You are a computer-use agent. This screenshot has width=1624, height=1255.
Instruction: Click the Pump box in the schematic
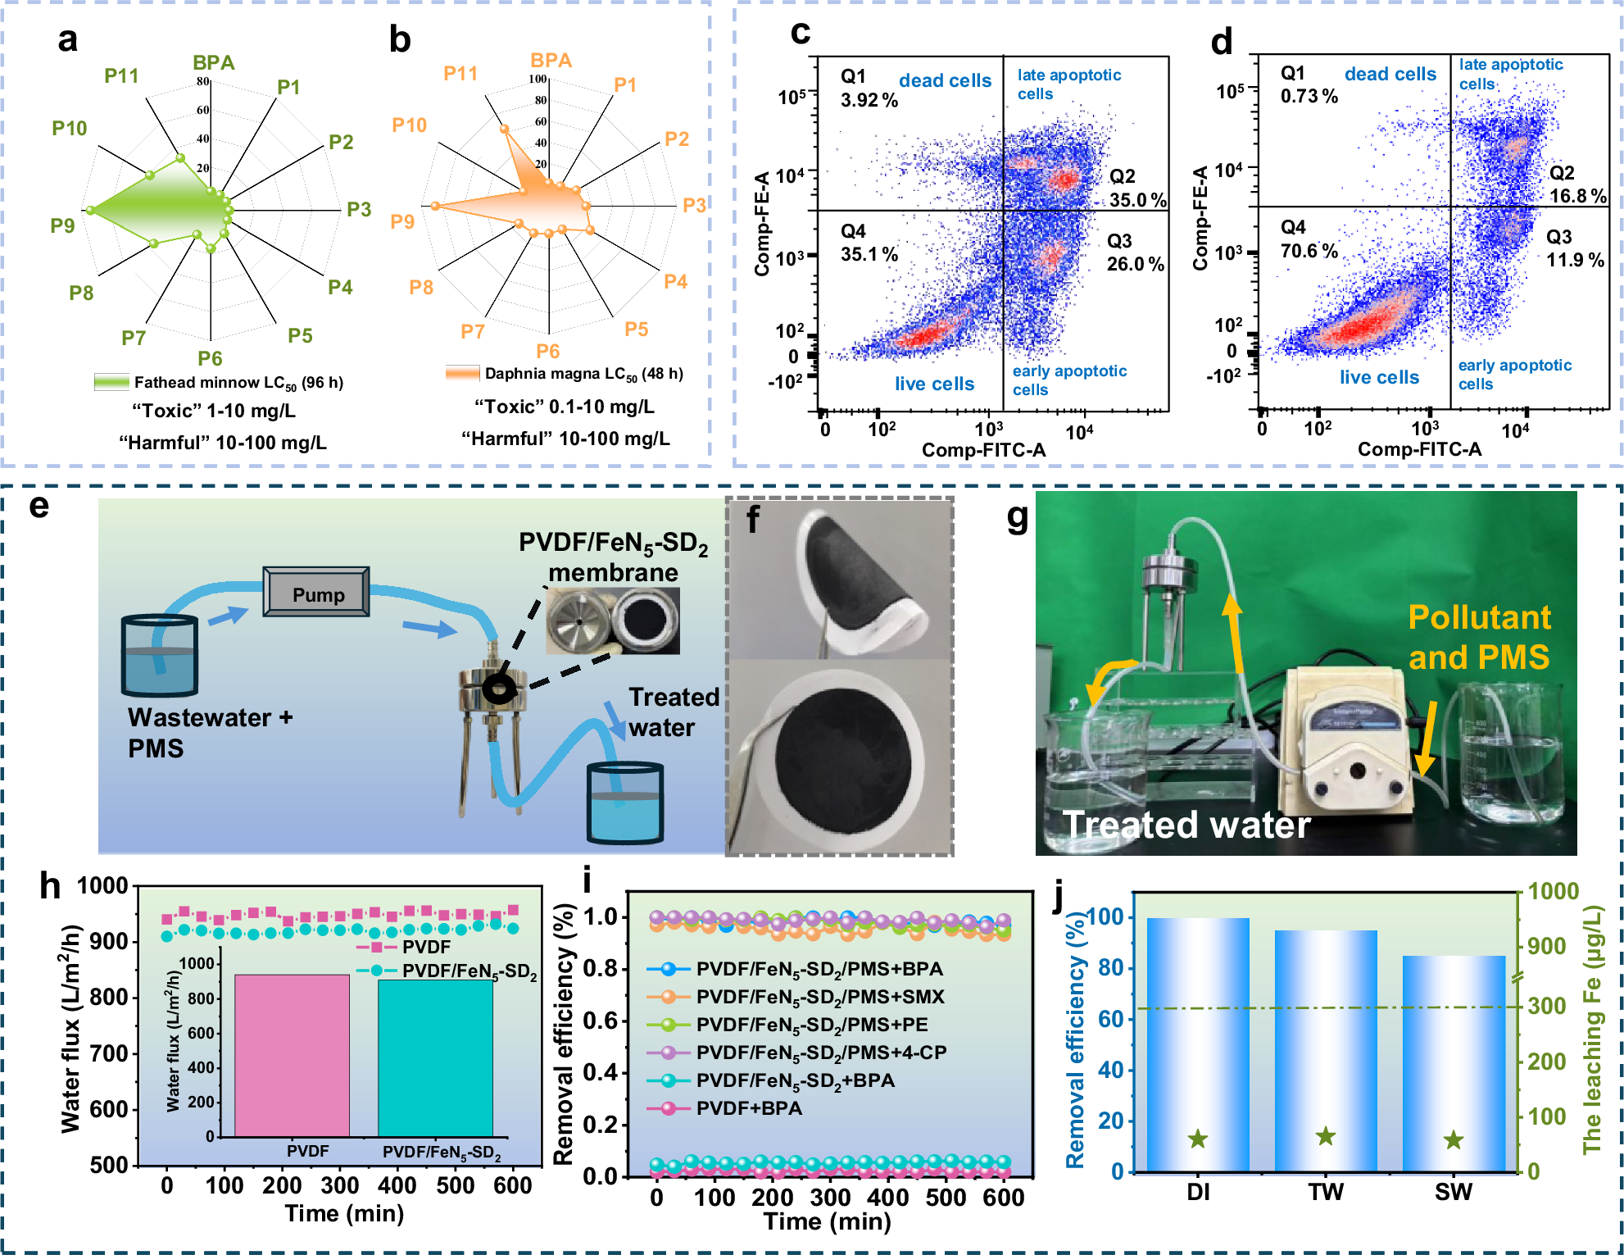click(316, 593)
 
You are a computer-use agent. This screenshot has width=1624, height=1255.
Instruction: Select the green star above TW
click(1326, 1136)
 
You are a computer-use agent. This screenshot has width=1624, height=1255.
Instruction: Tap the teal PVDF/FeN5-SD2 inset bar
click(435, 1057)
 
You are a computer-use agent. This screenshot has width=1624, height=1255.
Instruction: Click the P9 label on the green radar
click(62, 225)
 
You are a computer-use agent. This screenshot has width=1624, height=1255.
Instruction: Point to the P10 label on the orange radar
click(409, 125)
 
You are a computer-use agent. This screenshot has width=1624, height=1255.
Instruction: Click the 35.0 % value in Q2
click(1138, 200)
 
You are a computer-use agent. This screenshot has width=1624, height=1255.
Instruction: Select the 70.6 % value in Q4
click(1309, 251)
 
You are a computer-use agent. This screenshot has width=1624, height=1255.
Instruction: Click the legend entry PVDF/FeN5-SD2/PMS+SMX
click(819, 997)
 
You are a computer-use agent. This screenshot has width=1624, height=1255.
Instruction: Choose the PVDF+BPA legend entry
click(749, 1108)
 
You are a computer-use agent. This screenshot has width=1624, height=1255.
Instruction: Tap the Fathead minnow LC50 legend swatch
click(111, 382)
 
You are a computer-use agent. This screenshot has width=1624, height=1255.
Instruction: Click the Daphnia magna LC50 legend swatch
click(462, 374)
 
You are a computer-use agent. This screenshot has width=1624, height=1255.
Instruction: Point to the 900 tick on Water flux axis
click(108, 942)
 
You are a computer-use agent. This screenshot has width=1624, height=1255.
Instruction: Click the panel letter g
click(1017, 516)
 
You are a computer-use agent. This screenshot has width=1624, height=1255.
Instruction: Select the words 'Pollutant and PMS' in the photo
click(1479, 637)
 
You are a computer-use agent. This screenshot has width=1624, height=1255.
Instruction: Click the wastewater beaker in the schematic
click(160, 656)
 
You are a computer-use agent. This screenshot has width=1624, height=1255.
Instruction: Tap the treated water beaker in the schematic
click(624, 803)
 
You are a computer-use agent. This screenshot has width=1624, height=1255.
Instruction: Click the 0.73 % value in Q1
click(1309, 97)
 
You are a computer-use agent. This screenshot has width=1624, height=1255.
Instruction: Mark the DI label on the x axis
click(1198, 1192)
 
